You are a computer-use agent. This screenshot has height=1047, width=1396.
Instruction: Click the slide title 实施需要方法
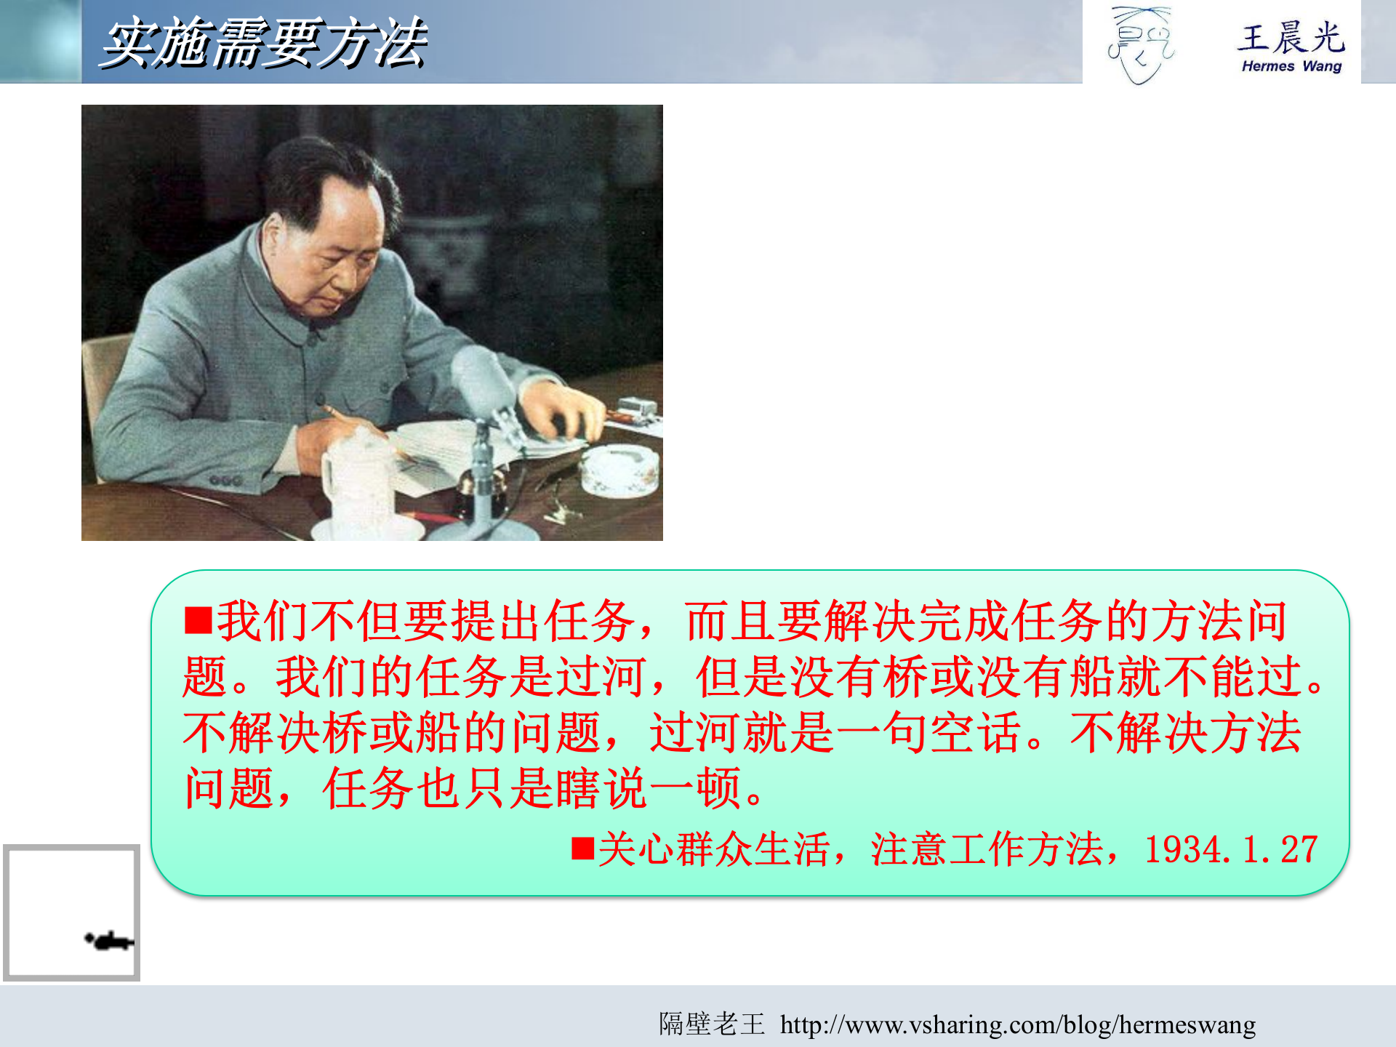click(x=263, y=44)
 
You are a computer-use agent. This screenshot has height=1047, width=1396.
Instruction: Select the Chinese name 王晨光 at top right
click(x=1291, y=38)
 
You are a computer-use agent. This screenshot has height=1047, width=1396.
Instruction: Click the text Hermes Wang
click(x=1291, y=66)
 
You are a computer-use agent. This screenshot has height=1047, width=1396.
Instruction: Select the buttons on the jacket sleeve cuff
click(x=225, y=481)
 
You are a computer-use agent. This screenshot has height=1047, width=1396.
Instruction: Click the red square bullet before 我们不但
click(x=198, y=621)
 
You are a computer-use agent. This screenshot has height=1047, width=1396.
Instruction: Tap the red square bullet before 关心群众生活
click(x=582, y=849)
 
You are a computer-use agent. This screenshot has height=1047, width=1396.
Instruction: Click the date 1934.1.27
click(x=1230, y=849)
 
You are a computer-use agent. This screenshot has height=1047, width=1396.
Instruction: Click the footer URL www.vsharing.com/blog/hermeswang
click(x=1018, y=1024)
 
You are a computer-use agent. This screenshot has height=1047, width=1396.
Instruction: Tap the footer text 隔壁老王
click(x=712, y=1024)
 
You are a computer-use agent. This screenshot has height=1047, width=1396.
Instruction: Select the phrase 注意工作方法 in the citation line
click(x=987, y=849)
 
